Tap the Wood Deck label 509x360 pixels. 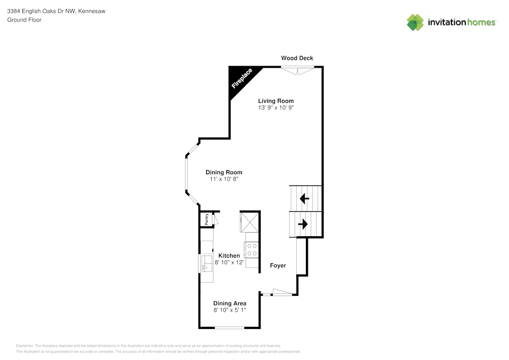(297, 58)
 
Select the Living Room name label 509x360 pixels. (276, 101)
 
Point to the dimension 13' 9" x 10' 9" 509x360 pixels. (276, 108)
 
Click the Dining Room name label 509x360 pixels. (224, 172)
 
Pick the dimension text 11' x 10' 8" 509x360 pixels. (224, 179)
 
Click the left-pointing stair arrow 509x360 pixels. (304, 199)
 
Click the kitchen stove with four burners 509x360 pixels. (251, 250)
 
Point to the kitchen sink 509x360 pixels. (207, 263)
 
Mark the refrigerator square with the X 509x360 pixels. (249, 223)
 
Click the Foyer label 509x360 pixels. (278, 266)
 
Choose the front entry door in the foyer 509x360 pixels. (282, 293)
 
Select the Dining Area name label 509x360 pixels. (230, 303)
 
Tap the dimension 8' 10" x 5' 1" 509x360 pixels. (230, 310)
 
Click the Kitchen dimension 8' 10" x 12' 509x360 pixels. (230, 263)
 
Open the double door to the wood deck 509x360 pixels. (297, 70)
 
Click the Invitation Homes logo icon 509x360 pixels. (415, 22)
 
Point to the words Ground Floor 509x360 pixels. (24, 20)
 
